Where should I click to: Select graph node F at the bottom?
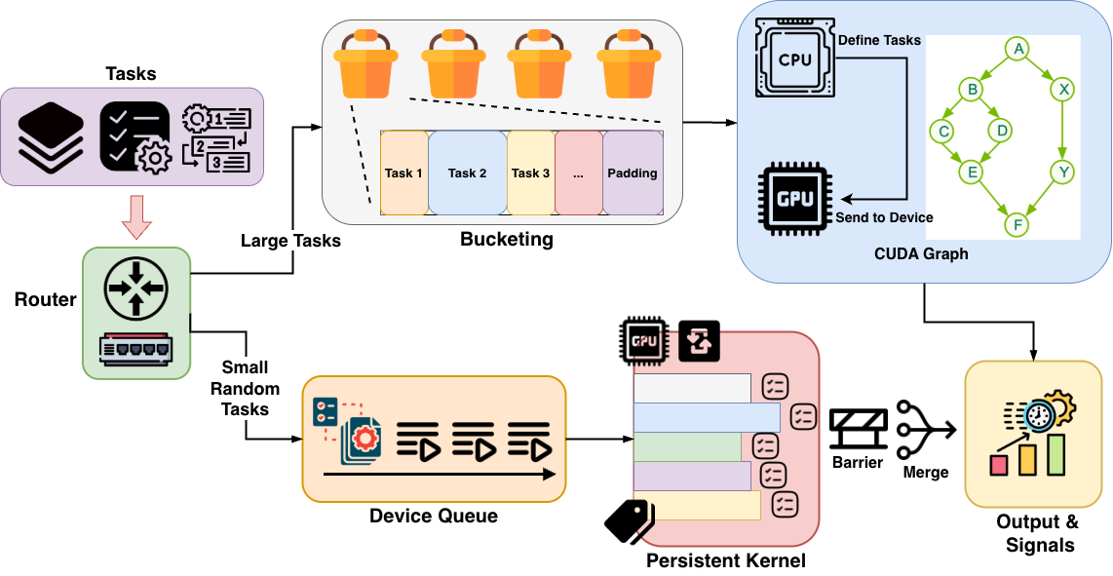(x=1017, y=225)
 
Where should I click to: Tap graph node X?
(x=1064, y=90)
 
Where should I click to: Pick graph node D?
(x=999, y=130)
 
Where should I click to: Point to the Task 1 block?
(x=403, y=173)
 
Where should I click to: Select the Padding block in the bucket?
(x=633, y=173)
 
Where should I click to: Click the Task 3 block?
(x=530, y=173)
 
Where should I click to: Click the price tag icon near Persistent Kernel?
(x=629, y=520)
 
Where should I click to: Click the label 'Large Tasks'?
(x=290, y=240)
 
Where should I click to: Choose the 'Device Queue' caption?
(x=434, y=516)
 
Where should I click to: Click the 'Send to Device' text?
(x=884, y=217)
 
